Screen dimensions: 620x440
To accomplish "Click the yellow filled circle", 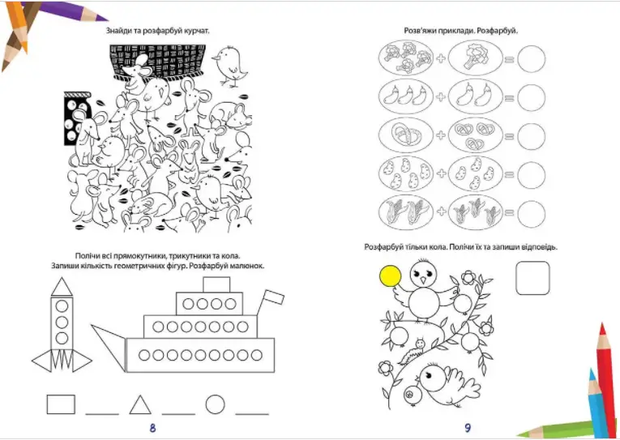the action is click(x=391, y=276).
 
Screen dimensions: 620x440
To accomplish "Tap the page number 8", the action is click(x=152, y=427).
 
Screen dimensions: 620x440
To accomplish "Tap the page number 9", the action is click(x=468, y=427).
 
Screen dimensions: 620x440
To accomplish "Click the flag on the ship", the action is click(x=274, y=297).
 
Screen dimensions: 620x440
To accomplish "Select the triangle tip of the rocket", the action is click(x=62, y=287).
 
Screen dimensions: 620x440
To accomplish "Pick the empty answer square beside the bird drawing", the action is click(x=532, y=278).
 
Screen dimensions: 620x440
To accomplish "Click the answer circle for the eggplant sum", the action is click(x=531, y=97).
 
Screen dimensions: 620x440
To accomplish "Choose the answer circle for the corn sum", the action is click(x=531, y=214).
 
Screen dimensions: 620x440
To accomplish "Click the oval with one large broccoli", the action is click(x=476, y=58).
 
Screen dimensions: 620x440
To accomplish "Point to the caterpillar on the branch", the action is click(x=412, y=350).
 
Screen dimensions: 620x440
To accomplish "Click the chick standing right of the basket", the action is click(x=229, y=66).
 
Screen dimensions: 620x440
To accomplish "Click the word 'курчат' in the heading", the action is click(x=196, y=31).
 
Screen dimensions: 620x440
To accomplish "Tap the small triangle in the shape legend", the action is click(x=140, y=405).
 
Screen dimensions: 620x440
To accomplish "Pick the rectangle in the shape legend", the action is click(x=61, y=404).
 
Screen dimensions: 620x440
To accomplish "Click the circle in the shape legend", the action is click(x=215, y=404).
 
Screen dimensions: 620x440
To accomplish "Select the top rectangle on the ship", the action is click(x=216, y=284).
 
